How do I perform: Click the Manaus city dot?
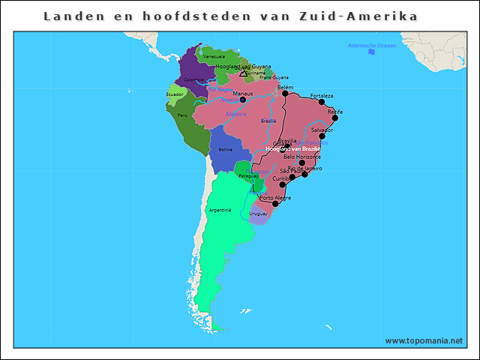point(242,99)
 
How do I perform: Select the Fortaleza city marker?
point(322,102)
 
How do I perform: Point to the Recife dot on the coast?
point(334,118)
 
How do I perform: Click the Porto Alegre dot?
point(275,203)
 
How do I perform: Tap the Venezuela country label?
point(214,57)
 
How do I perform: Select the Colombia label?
point(193,79)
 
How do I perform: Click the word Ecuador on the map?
point(175,94)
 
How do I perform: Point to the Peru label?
point(182,115)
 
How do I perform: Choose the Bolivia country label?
point(225,149)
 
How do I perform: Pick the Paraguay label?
point(247,175)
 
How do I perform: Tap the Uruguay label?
point(258,214)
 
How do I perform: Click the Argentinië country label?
point(220,210)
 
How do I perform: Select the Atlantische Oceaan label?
point(371,46)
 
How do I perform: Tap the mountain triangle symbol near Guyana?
point(242,73)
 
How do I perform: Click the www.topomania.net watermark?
point(424,340)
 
